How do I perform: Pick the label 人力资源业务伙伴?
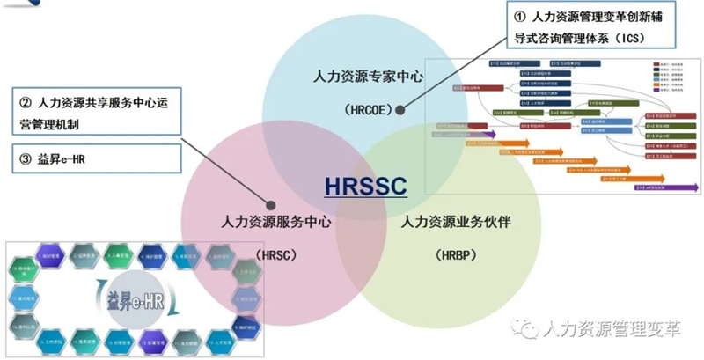pyautogui.click(x=457, y=223)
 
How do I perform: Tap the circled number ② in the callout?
pyautogui.click(x=25, y=103)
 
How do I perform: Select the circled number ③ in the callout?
pyautogui.click(x=25, y=158)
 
